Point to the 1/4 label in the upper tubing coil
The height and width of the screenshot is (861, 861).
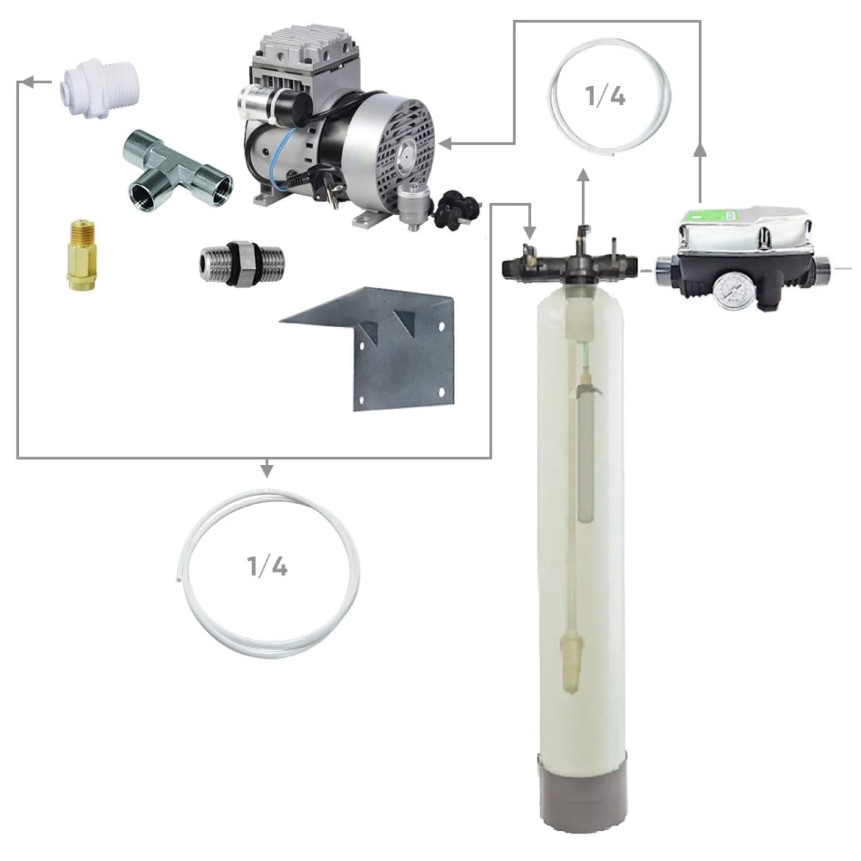605,96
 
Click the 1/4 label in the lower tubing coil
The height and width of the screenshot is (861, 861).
267,567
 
